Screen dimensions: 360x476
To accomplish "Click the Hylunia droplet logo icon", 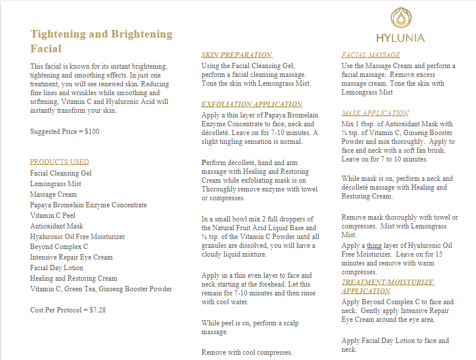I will pyautogui.click(x=401, y=18).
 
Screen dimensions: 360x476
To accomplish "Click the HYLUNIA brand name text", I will pyautogui.click(x=401, y=38).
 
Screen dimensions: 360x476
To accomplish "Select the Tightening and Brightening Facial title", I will pyautogui.click(x=101, y=41).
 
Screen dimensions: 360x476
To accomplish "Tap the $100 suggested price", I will pyautogui.click(x=92, y=132).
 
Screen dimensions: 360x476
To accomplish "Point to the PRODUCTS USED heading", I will pyautogui.click(x=59, y=162).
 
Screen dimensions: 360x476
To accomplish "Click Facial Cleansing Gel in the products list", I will pyautogui.click(x=61, y=173).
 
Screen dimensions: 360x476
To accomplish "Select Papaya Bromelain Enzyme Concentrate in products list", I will pyautogui.click(x=88, y=205).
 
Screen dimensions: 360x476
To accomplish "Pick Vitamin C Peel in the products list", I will pyautogui.click(x=52, y=216).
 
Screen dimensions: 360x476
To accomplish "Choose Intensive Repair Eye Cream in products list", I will pyautogui.click(x=71, y=257).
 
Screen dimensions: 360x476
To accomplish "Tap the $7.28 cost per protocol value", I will pyautogui.click(x=98, y=309).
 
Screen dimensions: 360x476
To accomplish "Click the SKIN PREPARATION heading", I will pyautogui.click(x=236, y=55).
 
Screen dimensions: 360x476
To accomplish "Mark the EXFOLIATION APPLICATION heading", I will pyautogui.click(x=252, y=105).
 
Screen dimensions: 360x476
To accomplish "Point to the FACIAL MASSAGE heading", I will pyautogui.click(x=371, y=55).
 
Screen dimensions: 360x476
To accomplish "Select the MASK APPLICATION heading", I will pyautogui.click(x=375, y=113).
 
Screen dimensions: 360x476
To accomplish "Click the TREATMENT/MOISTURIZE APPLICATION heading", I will pyautogui.click(x=387, y=287).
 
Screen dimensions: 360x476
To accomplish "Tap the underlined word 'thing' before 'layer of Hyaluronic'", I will pyautogui.click(x=374, y=245).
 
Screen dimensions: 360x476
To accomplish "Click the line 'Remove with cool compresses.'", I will pyautogui.click(x=247, y=352).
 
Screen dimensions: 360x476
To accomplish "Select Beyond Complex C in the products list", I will pyautogui.click(x=59, y=247).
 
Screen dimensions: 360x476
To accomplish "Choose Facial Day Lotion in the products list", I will pyautogui.click(x=56, y=268).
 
